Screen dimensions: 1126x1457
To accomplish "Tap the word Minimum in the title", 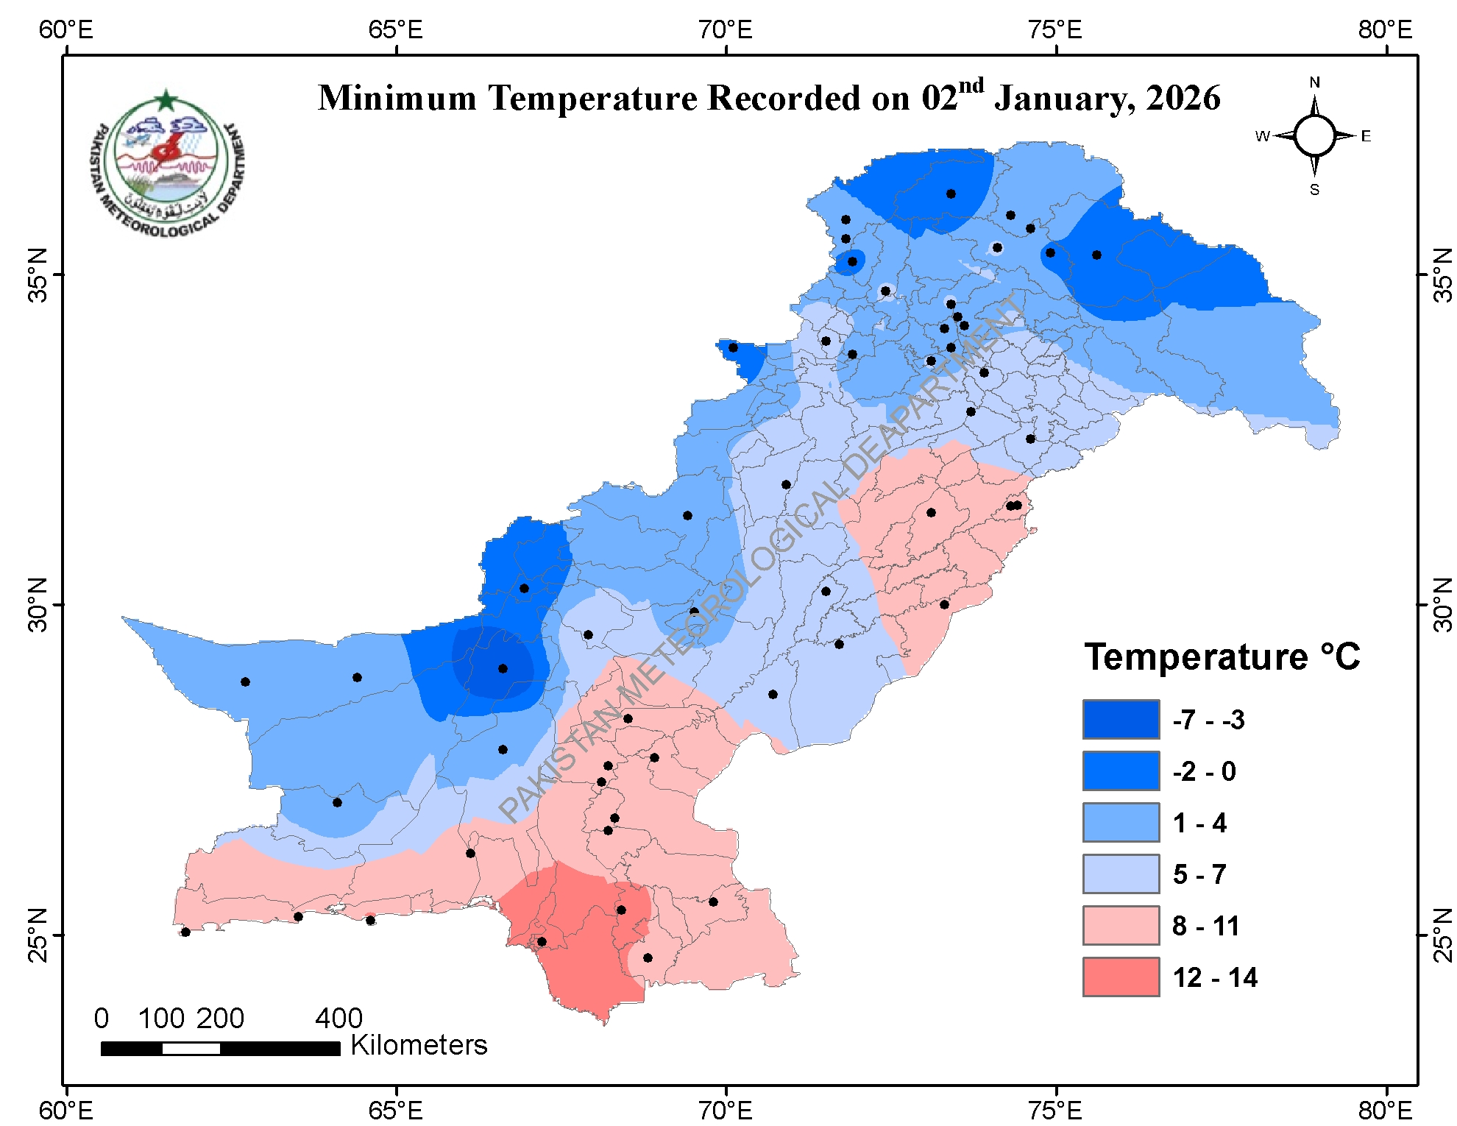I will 397,99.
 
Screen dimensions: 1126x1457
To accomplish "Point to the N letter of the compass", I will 1314,82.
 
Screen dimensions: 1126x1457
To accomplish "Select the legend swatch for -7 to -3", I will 1121,719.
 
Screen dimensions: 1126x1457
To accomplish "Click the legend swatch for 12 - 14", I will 1121,977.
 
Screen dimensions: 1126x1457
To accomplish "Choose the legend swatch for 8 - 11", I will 1121,925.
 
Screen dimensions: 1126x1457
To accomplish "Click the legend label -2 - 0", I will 1204,771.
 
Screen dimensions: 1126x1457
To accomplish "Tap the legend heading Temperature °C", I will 1222,656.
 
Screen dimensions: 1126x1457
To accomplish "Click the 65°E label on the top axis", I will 396,30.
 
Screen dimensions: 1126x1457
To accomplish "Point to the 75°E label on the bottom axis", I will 1055,1110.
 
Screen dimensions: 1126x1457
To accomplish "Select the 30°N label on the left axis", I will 38,604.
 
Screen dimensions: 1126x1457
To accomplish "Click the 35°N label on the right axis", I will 1444,275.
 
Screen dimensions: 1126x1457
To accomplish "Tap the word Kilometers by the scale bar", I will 419,1045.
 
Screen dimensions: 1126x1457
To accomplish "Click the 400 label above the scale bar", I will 338,1019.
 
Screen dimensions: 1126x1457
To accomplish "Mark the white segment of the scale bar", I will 191,1048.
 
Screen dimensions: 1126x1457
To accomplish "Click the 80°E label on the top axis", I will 1386,30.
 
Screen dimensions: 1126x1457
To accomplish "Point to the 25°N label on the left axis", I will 38,935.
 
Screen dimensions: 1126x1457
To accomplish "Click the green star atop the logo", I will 166,100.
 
